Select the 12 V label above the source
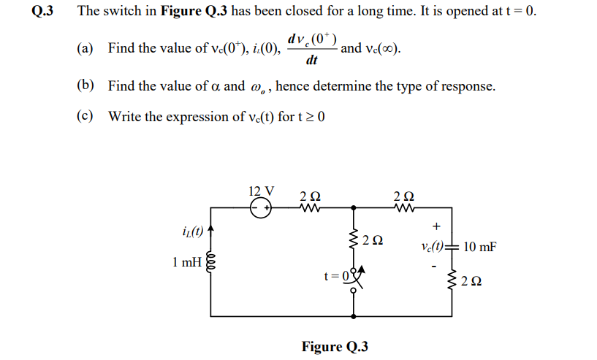click(262, 191)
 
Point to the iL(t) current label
click(191, 232)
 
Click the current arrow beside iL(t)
click(210, 232)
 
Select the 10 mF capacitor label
click(479, 247)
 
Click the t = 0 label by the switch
click(337, 277)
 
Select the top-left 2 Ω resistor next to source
click(310, 208)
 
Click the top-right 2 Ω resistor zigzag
click(403, 208)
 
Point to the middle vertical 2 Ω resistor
click(354, 239)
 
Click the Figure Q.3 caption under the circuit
click(335, 346)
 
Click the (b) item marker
click(85, 85)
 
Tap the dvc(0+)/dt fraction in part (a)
click(312, 49)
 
